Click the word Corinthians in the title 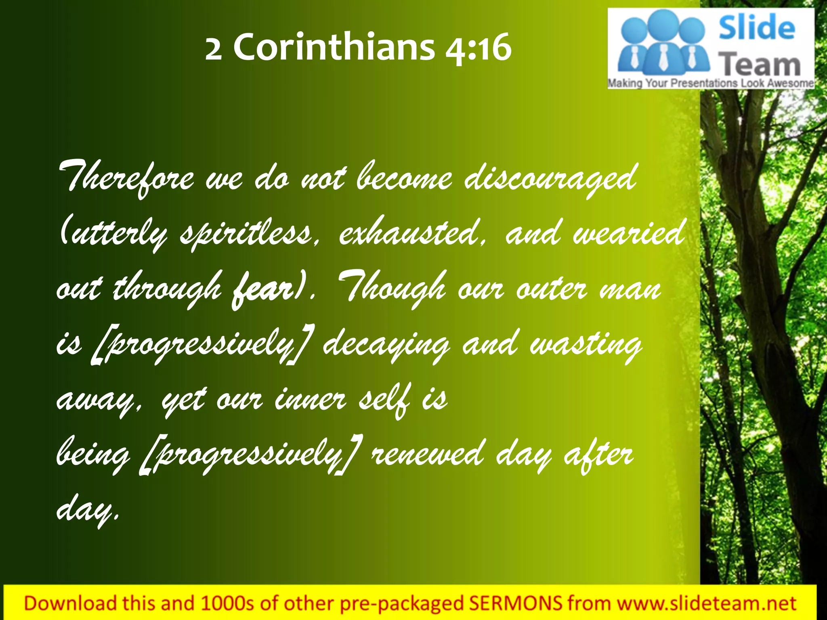click(x=334, y=48)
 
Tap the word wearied click(x=628, y=234)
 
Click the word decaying click(x=386, y=346)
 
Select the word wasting click(x=585, y=346)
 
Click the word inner click(x=310, y=399)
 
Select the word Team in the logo click(x=760, y=65)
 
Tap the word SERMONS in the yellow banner click(x=515, y=603)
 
